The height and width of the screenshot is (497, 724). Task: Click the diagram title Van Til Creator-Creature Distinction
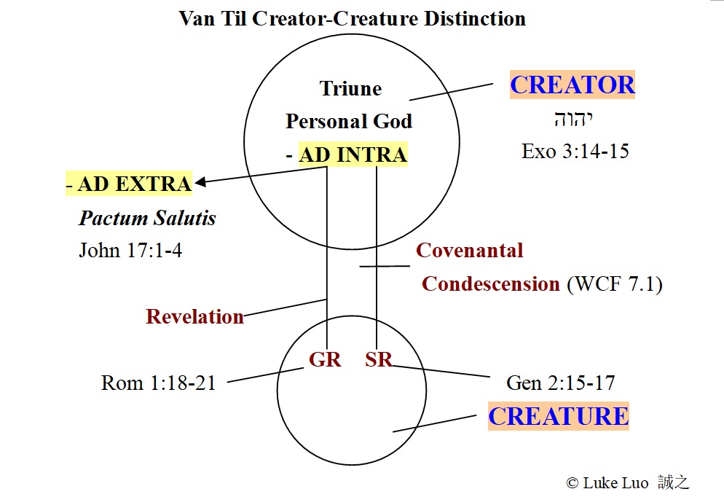click(352, 17)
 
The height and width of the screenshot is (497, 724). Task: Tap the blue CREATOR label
click(572, 85)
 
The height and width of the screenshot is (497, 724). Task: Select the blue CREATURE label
click(558, 416)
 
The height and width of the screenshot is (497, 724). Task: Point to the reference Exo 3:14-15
click(575, 151)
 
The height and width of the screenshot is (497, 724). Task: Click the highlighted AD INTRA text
click(353, 154)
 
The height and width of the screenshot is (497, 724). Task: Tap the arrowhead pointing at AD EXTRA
click(200, 182)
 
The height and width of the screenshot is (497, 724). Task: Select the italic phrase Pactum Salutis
click(147, 218)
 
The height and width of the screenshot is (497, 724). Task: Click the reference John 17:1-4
click(130, 251)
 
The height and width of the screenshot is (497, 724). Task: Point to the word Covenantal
click(469, 251)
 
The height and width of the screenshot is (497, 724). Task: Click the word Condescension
click(490, 283)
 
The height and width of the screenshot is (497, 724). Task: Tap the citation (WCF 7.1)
click(614, 283)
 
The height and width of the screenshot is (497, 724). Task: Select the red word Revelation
click(194, 317)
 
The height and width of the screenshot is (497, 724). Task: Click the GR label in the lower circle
click(325, 359)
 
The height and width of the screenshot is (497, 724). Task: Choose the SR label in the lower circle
click(378, 359)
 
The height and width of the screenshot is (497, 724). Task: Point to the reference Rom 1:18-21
click(158, 383)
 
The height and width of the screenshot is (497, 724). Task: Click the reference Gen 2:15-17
click(560, 383)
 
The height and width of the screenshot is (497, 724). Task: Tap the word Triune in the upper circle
click(350, 89)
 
